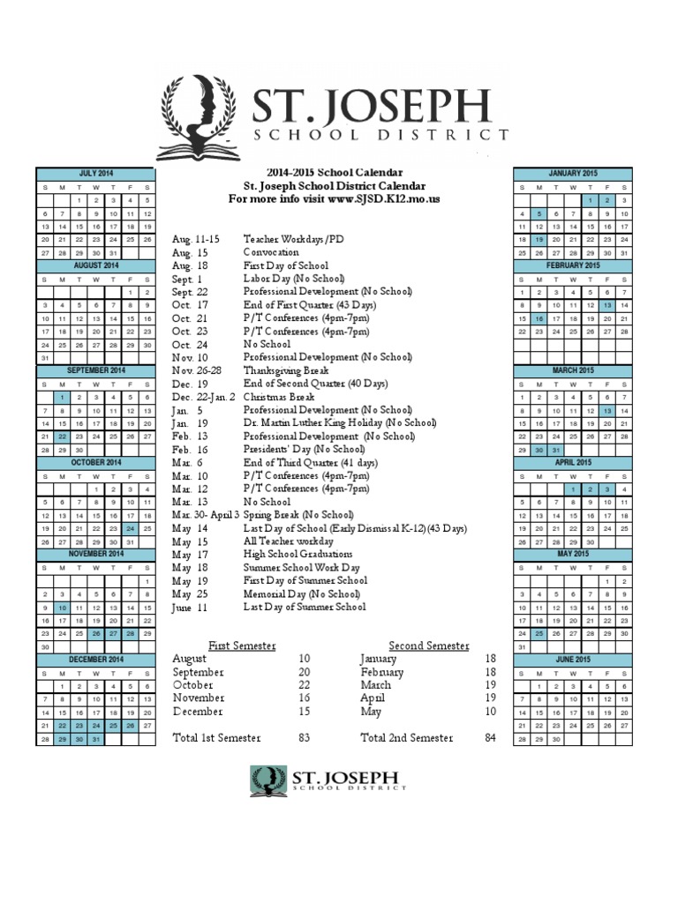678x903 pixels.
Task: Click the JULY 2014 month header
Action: click(x=95, y=174)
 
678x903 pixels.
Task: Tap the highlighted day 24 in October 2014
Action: click(x=129, y=528)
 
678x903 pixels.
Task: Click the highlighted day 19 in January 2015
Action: click(x=539, y=239)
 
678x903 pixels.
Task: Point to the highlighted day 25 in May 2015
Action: click(x=539, y=633)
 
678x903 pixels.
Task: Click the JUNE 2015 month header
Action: click(x=573, y=660)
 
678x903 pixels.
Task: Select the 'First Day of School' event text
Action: click(x=286, y=265)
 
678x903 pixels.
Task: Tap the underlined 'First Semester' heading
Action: click(x=242, y=646)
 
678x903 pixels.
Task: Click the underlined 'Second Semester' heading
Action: click(x=429, y=646)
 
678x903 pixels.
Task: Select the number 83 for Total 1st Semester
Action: click(x=304, y=737)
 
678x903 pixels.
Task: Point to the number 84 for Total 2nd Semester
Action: click(x=491, y=737)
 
